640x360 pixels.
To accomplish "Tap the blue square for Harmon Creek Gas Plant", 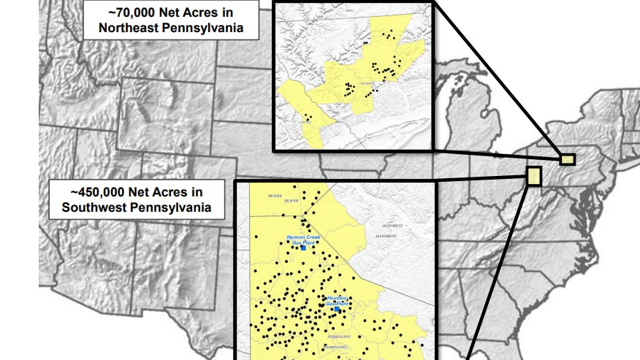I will (x=303, y=248).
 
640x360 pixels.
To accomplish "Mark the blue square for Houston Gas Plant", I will (x=337, y=309).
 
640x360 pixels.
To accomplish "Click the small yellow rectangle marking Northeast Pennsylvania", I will (x=568, y=158).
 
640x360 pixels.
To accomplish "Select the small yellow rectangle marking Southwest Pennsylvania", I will (x=533, y=176).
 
